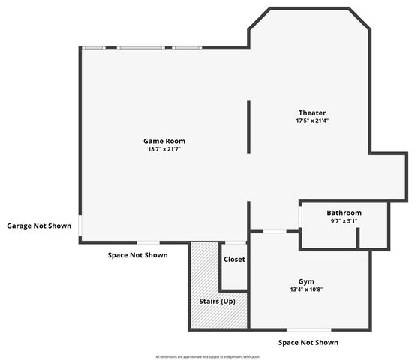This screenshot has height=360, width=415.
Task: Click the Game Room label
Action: tap(164, 141)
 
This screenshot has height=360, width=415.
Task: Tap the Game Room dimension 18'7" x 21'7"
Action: tap(164, 149)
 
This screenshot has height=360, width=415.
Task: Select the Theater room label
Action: tap(311, 112)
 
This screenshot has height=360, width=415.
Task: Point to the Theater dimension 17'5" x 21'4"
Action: tap(311, 121)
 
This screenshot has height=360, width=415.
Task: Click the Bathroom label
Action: tap(344, 213)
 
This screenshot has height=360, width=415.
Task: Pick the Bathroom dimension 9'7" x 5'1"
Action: tap(344, 221)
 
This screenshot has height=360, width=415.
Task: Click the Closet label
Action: tap(234, 259)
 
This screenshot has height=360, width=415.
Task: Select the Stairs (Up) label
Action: tap(217, 301)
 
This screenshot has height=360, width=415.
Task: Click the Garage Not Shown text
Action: tap(39, 226)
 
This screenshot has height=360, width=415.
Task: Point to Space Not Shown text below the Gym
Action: tap(308, 342)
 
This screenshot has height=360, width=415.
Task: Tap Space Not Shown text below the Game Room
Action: tap(137, 255)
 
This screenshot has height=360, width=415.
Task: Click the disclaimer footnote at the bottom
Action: tap(207, 356)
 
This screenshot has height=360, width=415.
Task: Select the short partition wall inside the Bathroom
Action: tap(358, 237)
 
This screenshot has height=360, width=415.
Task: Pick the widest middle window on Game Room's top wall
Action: tap(140, 48)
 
